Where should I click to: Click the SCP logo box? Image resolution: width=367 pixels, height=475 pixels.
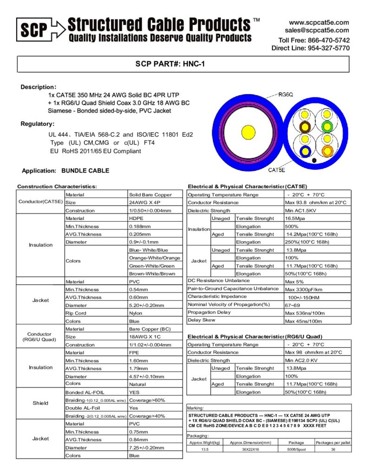tap(34, 30)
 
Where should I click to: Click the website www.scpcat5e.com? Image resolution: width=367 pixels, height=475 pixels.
tap(319, 22)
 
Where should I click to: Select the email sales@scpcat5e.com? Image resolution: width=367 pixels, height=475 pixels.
tap(317, 30)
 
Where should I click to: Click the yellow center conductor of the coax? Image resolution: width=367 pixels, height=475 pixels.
tap(247, 130)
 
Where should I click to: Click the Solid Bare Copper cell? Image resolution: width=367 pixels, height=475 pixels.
tap(150, 195)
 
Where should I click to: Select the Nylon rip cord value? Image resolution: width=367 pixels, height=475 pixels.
tap(136, 313)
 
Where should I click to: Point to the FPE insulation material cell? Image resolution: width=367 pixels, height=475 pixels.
tap(134, 353)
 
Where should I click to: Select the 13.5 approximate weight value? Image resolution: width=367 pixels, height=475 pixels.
tap(205, 449)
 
